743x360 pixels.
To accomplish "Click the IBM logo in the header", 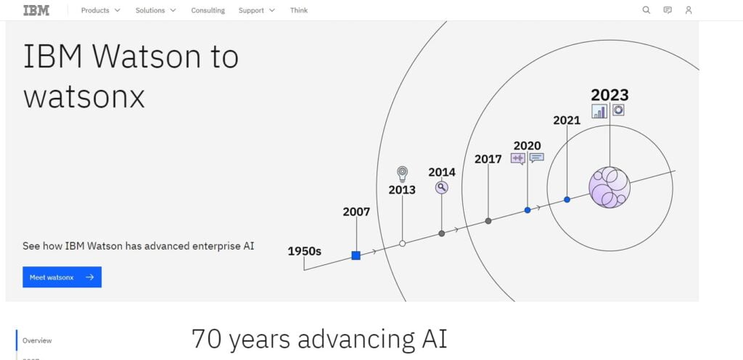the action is coord(36,10).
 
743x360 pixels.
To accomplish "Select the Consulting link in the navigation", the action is coord(208,10).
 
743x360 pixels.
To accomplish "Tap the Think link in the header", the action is coord(299,10).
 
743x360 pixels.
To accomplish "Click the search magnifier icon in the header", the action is coord(646,10).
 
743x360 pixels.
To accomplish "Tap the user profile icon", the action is coord(689,10).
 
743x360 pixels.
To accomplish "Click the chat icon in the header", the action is coord(668,10).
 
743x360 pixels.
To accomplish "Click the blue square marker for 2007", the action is coord(356,255).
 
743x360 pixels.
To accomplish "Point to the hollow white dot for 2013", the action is coord(402,243).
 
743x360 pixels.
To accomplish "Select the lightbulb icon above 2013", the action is coord(402,174).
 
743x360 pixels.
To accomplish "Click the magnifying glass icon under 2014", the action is coord(442,188).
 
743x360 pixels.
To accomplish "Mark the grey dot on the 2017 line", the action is coord(488,221).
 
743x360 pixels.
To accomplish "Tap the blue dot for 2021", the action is coord(567,200).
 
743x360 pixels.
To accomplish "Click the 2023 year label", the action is coord(609,95).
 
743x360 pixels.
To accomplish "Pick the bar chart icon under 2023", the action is coord(599,111).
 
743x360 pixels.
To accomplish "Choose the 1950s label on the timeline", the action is coord(304,251).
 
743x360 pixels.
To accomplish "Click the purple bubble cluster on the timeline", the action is coord(609,187).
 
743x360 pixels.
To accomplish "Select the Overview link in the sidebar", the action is coord(37,340).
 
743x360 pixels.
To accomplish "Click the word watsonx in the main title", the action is coord(84,97).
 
